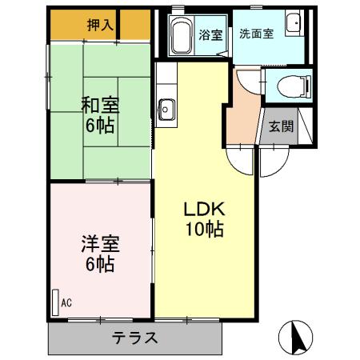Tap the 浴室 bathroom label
pyautogui.click(x=210, y=35)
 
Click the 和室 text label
pyautogui.click(x=101, y=104)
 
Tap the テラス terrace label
pyautogui.click(x=134, y=337)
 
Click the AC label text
pyautogui.click(x=66, y=302)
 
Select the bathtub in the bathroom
pyautogui.click(x=181, y=35)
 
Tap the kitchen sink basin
pyautogui.click(x=167, y=107)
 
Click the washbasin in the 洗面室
pyautogui.click(x=292, y=24)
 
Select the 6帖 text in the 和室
pyautogui.click(x=101, y=125)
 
